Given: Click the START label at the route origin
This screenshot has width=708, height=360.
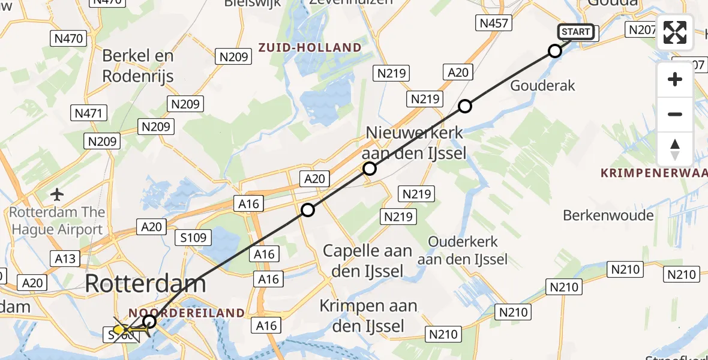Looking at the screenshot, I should pyautogui.click(x=576, y=32).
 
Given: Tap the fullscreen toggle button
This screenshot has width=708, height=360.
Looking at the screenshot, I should pyautogui.click(x=675, y=32).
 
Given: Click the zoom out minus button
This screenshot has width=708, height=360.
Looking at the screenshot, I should pyautogui.click(x=675, y=114).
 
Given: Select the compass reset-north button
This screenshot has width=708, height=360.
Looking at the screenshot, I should pyautogui.click(x=675, y=149).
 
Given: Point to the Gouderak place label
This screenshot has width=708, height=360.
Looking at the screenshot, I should pyautogui.click(x=542, y=85).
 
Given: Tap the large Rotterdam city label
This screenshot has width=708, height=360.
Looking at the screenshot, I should pyautogui.click(x=146, y=283).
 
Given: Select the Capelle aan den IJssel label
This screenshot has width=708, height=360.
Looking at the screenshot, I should pyautogui.click(x=367, y=260).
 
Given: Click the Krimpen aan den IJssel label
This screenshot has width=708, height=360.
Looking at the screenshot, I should pyautogui.click(x=368, y=316).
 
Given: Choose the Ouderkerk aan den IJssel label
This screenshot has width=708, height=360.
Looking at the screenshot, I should pyautogui.click(x=463, y=250).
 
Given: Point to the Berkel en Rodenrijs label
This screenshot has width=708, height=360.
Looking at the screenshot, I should pyautogui.click(x=138, y=65).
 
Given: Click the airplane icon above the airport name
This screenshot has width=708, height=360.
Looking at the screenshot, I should pyautogui.click(x=58, y=194).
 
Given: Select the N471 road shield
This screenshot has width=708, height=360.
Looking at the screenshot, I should pyautogui.click(x=89, y=113).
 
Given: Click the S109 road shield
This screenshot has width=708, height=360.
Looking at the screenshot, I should pyautogui.click(x=194, y=238).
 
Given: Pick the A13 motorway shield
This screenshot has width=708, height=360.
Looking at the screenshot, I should pyautogui.click(x=65, y=258).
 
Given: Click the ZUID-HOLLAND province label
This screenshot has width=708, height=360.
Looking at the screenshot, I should pyautogui.click(x=310, y=47).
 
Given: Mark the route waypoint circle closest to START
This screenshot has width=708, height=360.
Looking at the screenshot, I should pyautogui.click(x=555, y=51).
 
